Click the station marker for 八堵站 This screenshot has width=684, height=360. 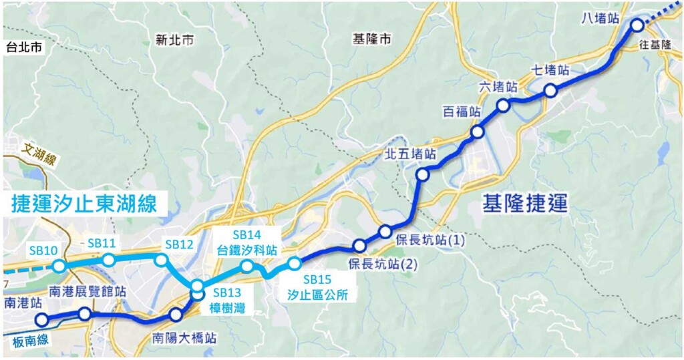(x=637, y=25)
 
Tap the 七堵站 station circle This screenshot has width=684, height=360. (x=550, y=91)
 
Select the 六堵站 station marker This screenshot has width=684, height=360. (x=503, y=105)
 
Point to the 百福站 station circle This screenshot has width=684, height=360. (x=477, y=132)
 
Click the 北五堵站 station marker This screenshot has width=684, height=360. (x=422, y=175)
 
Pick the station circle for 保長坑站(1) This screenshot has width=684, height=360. (x=385, y=231)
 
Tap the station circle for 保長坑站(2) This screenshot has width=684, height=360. (x=359, y=244)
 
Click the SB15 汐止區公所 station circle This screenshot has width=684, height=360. (x=294, y=262)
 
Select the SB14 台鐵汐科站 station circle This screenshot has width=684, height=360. (x=246, y=266)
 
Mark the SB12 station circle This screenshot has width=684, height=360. (x=160, y=259)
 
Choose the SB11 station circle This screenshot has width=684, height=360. (x=108, y=259)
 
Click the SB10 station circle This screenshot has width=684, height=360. (x=59, y=266)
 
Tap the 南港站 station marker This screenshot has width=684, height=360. (x=41, y=319)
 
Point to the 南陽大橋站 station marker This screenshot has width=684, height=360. (x=176, y=315)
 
